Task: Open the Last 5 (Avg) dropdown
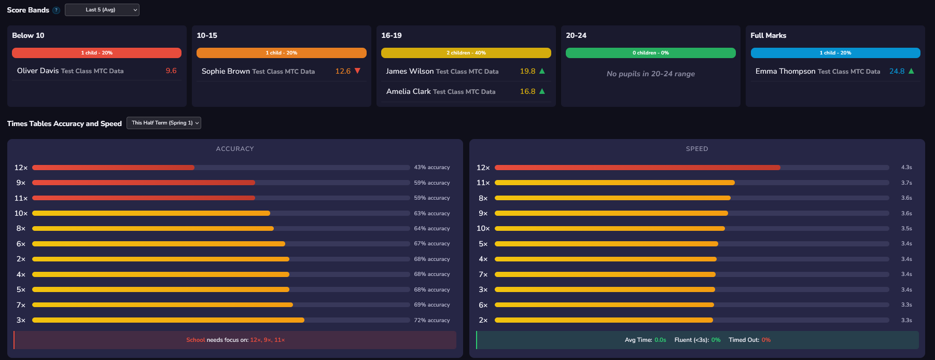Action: [x=102, y=10]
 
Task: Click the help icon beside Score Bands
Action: [x=56, y=10]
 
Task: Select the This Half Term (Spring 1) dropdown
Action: [x=163, y=123]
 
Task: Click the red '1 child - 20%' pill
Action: [x=96, y=53]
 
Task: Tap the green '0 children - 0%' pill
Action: [x=650, y=53]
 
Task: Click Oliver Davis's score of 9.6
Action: [x=171, y=71]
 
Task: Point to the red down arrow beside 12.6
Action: [x=357, y=71]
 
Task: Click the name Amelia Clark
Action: [x=408, y=92]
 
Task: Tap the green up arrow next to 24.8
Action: [x=911, y=71]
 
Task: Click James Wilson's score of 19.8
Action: [x=527, y=72]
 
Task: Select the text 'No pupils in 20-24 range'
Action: [x=650, y=74]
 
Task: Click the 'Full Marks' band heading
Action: [x=768, y=36]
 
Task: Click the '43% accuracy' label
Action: [x=431, y=168]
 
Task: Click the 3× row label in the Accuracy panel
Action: [x=21, y=320]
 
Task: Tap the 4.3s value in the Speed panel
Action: [x=906, y=168]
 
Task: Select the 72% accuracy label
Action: [x=431, y=320]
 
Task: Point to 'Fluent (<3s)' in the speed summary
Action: [x=691, y=340]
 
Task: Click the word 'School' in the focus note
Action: [x=196, y=340]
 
